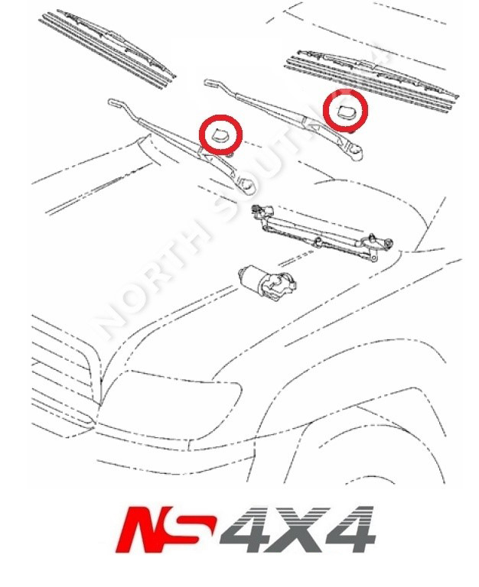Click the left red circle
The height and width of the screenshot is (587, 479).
(220, 135)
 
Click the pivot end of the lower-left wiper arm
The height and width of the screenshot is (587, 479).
(246, 186)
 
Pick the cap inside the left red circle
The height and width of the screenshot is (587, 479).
(220, 137)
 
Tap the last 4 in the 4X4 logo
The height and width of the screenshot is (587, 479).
(348, 529)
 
